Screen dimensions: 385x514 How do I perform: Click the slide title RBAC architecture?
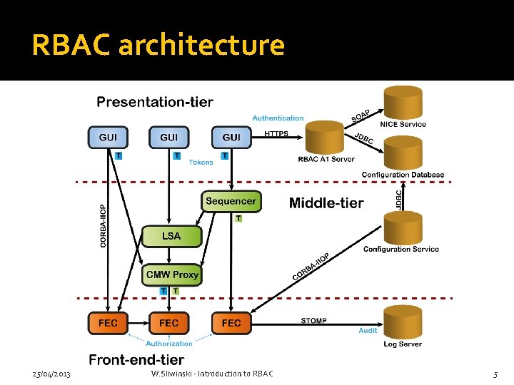pyautogui.click(x=158, y=45)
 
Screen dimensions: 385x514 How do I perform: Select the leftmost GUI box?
pyautogui.click(x=108, y=137)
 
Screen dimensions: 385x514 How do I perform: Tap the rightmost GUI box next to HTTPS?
pyautogui.click(x=231, y=137)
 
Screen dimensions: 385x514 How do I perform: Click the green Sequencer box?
pyautogui.click(x=230, y=201)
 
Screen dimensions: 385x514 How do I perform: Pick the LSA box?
pyautogui.click(x=171, y=236)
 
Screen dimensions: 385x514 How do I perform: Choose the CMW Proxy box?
pyautogui.click(x=171, y=274)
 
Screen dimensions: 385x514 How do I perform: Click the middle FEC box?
pyautogui.click(x=169, y=323)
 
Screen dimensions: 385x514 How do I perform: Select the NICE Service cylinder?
pyautogui.click(x=403, y=102)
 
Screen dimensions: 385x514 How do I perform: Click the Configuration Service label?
pyautogui.click(x=400, y=249)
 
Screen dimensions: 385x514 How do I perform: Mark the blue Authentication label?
pyautogui.click(x=278, y=118)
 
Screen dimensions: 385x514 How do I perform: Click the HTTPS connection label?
pyautogui.click(x=276, y=133)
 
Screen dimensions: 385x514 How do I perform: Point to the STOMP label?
pyautogui.click(x=313, y=321)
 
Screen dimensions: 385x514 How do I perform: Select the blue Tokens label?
pyautogui.click(x=201, y=163)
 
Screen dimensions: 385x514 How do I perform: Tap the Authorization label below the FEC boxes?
pyautogui.click(x=169, y=343)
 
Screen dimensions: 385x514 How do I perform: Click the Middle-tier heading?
pyautogui.click(x=326, y=203)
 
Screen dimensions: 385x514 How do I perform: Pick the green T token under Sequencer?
pyautogui.click(x=238, y=218)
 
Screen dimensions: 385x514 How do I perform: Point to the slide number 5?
pyautogui.click(x=495, y=374)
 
